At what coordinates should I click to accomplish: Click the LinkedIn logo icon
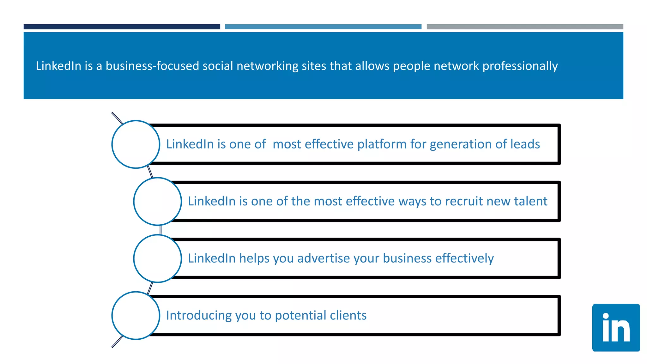(616, 328)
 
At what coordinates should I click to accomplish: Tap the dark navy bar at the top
(122, 27)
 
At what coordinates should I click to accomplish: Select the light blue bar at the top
(323, 27)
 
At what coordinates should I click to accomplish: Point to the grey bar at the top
(525, 27)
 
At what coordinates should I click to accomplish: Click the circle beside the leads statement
(136, 144)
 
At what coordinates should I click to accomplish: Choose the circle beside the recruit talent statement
(157, 201)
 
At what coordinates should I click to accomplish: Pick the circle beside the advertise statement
(157, 258)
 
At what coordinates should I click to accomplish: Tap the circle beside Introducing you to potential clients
(136, 315)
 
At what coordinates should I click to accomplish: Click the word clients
(348, 315)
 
